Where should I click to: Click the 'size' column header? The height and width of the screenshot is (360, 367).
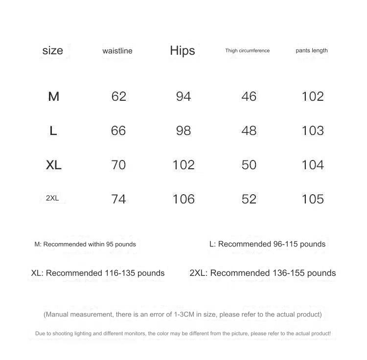53,50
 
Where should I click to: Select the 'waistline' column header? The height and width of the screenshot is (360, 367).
117,51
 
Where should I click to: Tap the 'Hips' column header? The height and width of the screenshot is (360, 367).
183,50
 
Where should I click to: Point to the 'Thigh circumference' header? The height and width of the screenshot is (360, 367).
247,50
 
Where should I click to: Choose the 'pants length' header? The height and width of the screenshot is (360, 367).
312,50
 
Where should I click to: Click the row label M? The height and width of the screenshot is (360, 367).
53,96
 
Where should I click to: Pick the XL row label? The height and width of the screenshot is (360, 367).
53,165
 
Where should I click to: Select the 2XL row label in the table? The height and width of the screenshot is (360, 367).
52,198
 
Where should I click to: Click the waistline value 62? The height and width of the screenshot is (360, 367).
118,96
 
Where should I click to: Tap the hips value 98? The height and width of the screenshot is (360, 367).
183,131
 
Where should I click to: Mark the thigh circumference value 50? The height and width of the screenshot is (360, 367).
249,165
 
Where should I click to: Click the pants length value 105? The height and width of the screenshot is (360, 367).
313,199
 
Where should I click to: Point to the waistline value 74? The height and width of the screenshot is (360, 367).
118,199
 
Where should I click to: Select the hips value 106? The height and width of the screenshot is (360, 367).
183,199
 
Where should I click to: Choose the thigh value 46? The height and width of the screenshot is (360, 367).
249,96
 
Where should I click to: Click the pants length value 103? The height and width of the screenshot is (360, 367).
313,131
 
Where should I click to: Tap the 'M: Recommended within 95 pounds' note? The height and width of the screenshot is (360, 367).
85,244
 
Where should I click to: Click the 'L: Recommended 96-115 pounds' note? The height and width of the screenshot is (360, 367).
267,244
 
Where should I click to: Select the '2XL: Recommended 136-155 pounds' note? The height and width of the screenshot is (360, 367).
263,273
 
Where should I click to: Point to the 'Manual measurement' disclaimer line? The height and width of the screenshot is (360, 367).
183,315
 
